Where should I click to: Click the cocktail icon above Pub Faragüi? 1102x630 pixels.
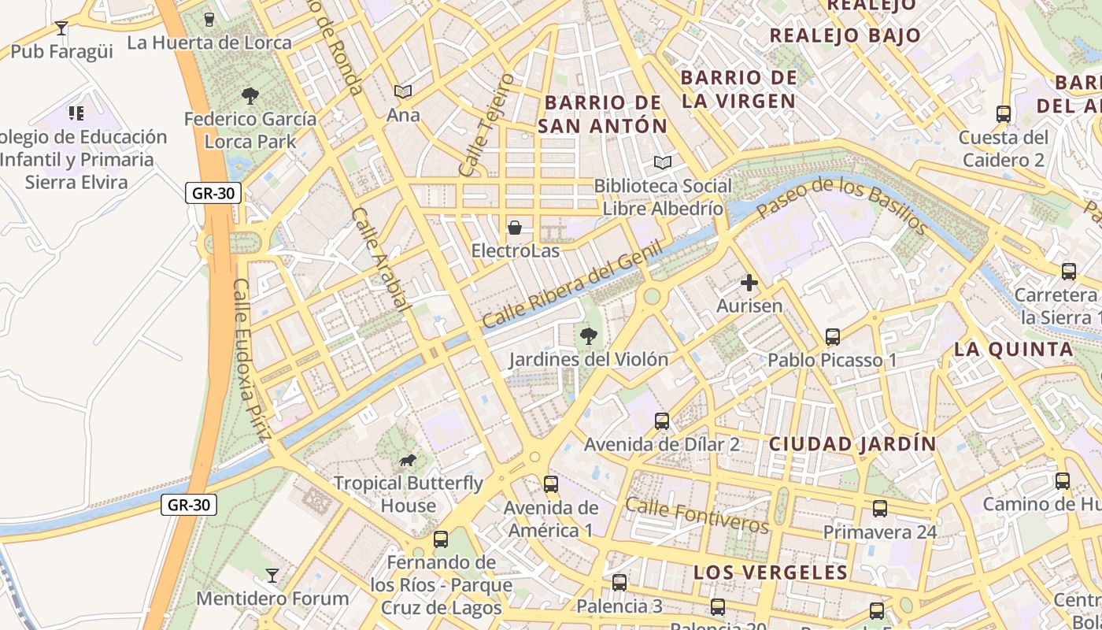click(61, 28)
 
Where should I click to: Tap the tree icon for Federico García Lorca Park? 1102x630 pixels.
click(250, 96)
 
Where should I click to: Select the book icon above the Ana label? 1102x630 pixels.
click(403, 92)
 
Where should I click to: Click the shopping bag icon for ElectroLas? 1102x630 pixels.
click(515, 228)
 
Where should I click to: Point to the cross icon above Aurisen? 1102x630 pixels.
click(749, 282)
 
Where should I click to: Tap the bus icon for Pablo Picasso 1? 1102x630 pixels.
click(833, 337)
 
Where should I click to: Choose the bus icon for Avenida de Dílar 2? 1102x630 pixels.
click(662, 421)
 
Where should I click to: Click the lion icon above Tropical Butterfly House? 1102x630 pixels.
click(407, 460)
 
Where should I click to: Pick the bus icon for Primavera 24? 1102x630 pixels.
click(880, 509)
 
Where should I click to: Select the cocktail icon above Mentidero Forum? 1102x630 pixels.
click(272, 576)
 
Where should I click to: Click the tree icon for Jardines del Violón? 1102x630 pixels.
click(587, 337)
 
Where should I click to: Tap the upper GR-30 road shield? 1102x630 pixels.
click(213, 193)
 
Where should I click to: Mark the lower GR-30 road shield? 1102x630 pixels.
click(189, 505)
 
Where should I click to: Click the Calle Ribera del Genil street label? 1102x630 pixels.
click(572, 284)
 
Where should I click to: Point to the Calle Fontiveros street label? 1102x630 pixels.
click(697, 515)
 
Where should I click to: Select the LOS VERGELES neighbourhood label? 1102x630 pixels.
click(771, 573)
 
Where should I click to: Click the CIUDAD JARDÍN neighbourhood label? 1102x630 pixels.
click(852, 443)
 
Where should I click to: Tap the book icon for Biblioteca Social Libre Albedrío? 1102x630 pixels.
click(663, 163)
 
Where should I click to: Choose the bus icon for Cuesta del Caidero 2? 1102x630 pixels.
click(1004, 114)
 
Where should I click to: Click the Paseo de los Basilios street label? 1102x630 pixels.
click(842, 202)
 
